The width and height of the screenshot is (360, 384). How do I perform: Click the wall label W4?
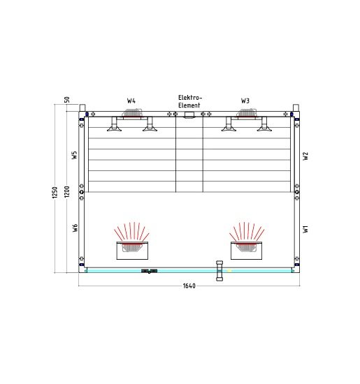pyautogui.click(x=131, y=101)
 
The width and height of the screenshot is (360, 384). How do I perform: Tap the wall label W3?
pyautogui.click(x=245, y=101)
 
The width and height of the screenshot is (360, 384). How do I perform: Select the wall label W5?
pyautogui.click(x=74, y=155)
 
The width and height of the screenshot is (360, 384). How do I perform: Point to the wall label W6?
pyautogui.click(x=75, y=228)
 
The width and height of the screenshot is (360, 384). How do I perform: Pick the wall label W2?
pyautogui.click(x=305, y=156)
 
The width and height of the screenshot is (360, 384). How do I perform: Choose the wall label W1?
pyautogui.click(x=305, y=229)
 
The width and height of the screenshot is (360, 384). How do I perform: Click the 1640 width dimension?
pyautogui.click(x=189, y=286)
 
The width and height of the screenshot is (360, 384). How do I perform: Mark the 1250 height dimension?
pyautogui.click(x=55, y=192)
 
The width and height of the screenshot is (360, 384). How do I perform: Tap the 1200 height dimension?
pyautogui.click(x=66, y=191)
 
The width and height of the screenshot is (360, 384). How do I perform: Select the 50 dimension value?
pyautogui.click(x=66, y=100)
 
